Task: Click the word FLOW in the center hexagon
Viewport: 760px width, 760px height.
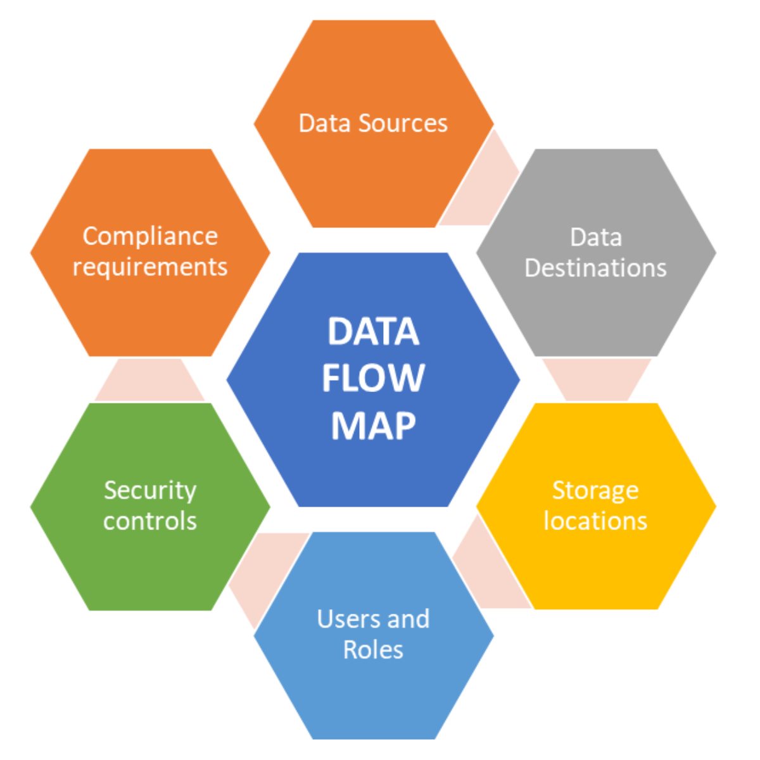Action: pyautogui.click(x=373, y=378)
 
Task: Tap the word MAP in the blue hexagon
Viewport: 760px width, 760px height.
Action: pyautogui.click(x=373, y=426)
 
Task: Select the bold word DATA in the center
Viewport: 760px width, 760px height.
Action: pyautogui.click(x=373, y=331)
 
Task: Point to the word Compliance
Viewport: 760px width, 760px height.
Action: pyautogui.click(x=150, y=236)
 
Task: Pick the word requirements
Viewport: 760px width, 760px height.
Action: pyautogui.click(x=150, y=267)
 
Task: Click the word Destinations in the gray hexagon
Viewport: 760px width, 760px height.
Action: pyautogui.click(x=595, y=268)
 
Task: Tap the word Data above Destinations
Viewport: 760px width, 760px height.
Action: pyautogui.click(x=595, y=237)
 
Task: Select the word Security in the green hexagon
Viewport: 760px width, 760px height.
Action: pyautogui.click(x=150, y=490)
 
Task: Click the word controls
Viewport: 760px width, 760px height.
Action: pyautogui.click(x=150, y=521)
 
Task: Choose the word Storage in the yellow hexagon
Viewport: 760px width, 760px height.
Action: pyautogui.click(x=595, y=490)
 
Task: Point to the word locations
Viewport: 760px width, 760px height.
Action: pyautogui.click(x=595, y=521)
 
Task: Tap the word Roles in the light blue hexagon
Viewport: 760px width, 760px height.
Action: pyautogui.click(x=373, y=650)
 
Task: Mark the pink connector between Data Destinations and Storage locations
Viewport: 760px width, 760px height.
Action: pyautogui.click(x=596, y=379)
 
